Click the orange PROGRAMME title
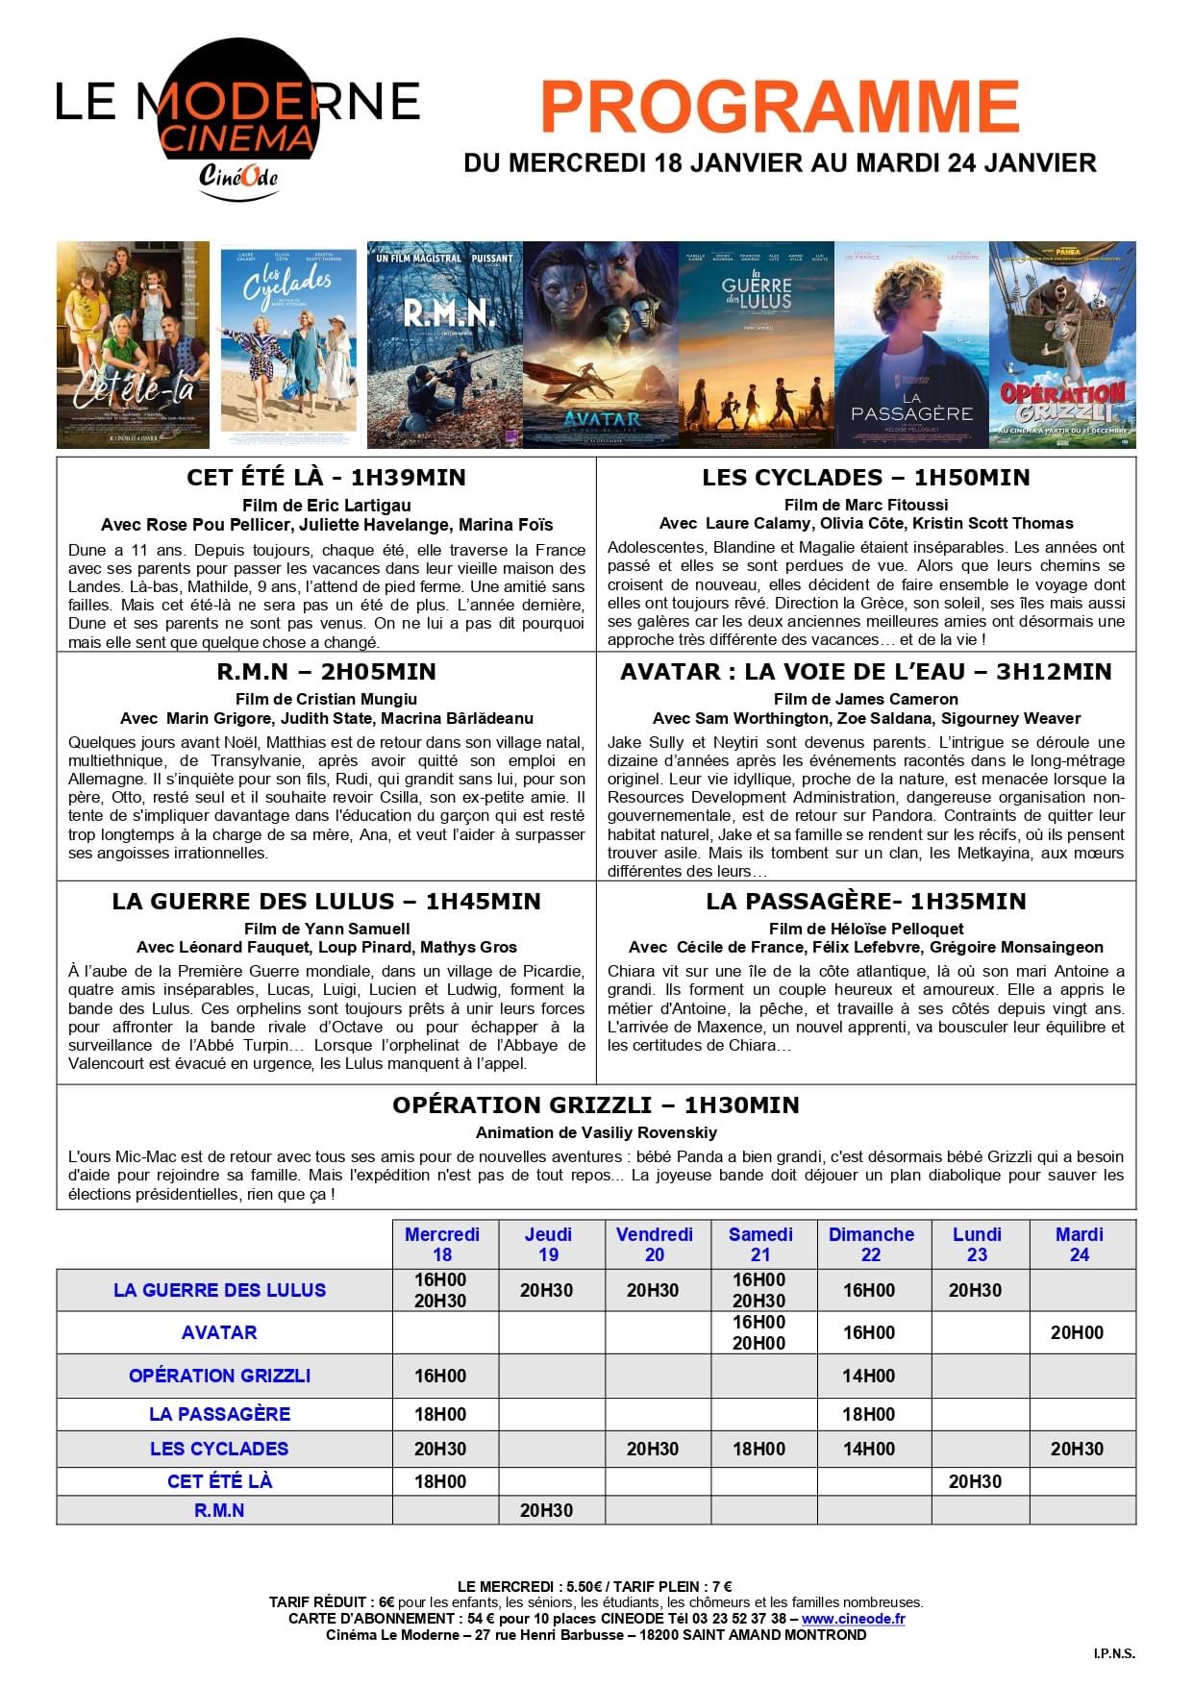780,107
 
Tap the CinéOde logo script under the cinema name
238,176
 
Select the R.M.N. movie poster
444,344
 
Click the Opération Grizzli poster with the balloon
1062,344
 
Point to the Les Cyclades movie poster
288,344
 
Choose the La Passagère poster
910,344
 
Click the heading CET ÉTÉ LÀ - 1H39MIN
326,478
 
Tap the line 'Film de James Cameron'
865,699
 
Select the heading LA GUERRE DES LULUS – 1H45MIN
326,902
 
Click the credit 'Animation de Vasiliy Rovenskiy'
596,1132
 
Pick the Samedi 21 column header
760,1244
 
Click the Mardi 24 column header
1080,1244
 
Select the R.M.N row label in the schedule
219,1510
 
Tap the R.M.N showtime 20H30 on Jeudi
546,1510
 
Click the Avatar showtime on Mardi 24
1077,1332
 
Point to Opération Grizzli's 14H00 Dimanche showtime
868,1376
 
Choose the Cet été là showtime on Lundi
975,1481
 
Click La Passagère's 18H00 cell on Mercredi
440,1414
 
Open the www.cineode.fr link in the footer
853,1619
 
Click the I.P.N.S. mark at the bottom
1113,1653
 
